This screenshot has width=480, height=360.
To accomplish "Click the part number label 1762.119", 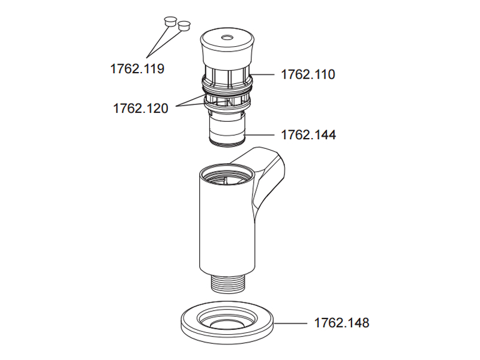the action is [x=137, y=68].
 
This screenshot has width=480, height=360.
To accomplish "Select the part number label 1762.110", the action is [x=308, y=74].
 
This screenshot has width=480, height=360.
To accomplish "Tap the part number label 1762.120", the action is [x=141, y=109].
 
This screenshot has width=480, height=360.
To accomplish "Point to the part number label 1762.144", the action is [x=308, y=134].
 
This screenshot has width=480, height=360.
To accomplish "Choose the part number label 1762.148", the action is [x=341, y=323].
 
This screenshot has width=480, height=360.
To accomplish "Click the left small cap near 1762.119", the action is [x=170, y=22].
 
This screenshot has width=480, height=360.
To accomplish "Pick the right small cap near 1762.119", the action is [x=184, y=26].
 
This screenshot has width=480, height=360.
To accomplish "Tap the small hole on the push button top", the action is [x=227, y=38].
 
